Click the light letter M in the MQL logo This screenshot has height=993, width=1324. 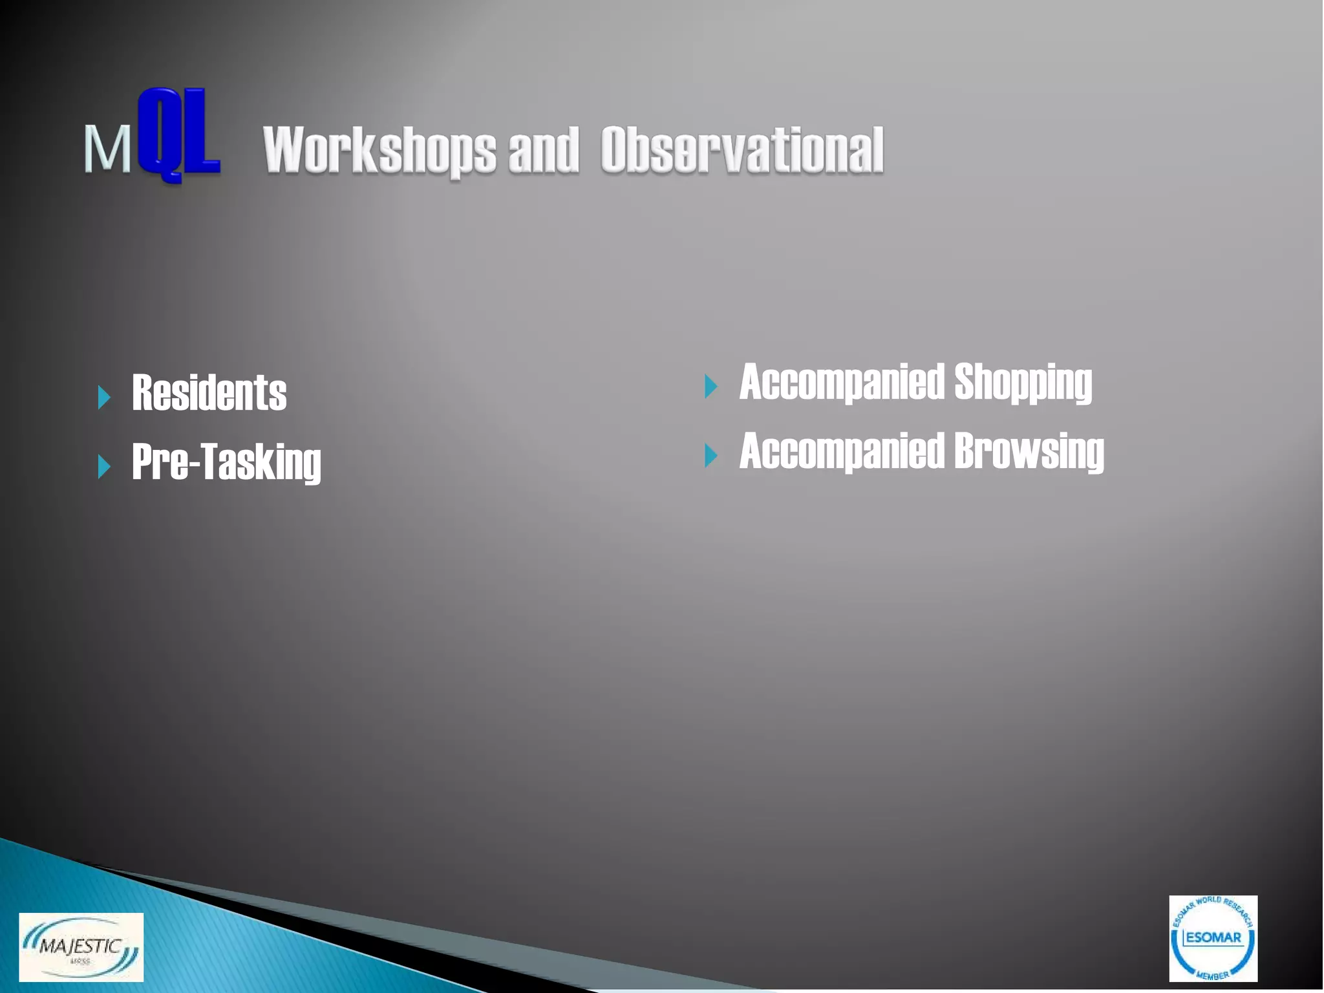tap(107, 149)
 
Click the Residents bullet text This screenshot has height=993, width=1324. tap(209, 393)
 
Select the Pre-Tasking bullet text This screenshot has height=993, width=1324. tap(226, 462)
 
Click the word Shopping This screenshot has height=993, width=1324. tap(1023, 383)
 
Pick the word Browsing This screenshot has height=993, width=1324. tap(1029, 451)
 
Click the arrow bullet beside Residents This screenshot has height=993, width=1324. tap(104, 397)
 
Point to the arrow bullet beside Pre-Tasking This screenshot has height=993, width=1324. tap(104, 466)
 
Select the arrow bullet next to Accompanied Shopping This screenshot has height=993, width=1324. tap(711, 386)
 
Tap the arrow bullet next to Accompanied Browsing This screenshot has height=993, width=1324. tap(711, 455)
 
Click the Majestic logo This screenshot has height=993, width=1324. tap(81, 947)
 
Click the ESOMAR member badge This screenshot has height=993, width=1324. tap(1213, 938)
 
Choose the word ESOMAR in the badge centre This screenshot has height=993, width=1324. tap(1213, 937)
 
